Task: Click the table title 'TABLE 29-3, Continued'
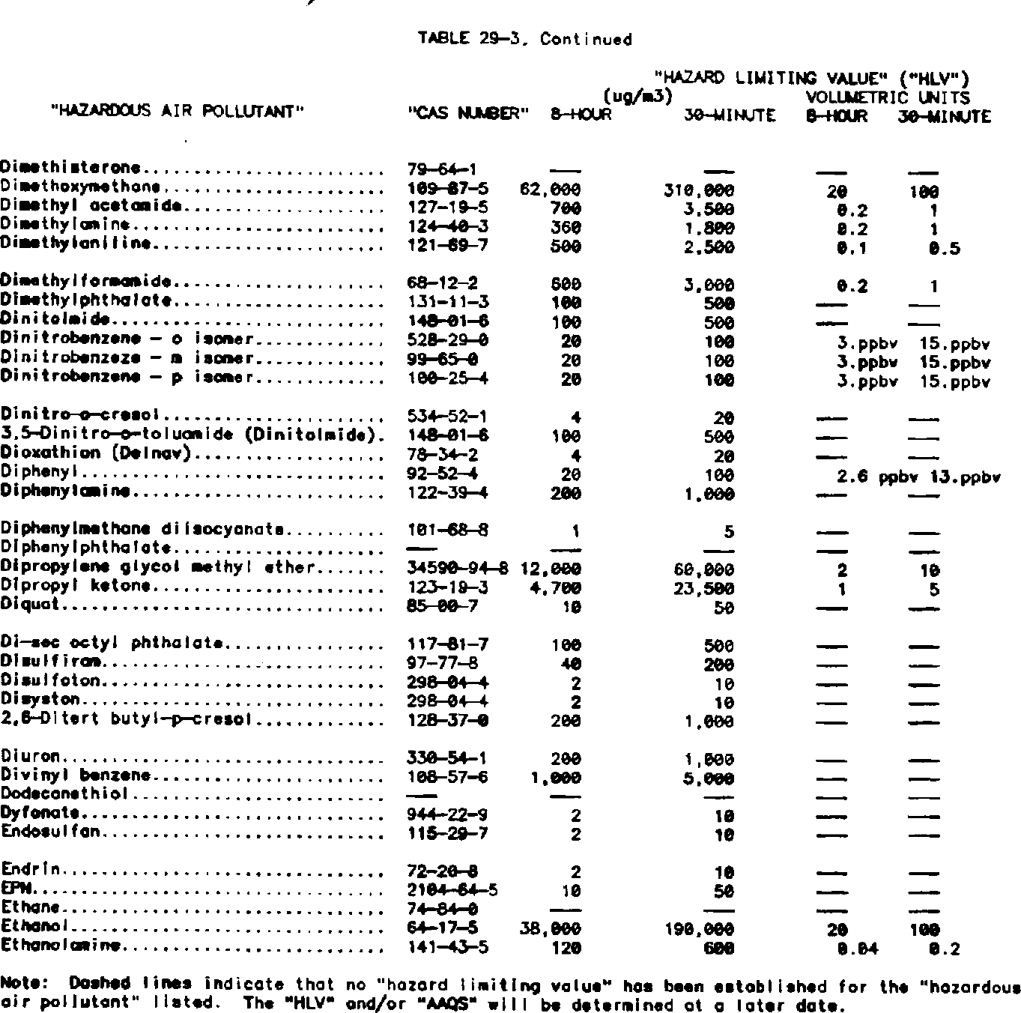[527, 39]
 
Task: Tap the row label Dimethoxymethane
[81, 187]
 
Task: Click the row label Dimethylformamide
[88, 282]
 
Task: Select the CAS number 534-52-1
[444, 417]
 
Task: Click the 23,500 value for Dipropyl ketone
[703, 587]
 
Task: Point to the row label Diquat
[26, 605]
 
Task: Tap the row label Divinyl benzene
[76, 776]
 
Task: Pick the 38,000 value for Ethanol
[551, 929]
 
